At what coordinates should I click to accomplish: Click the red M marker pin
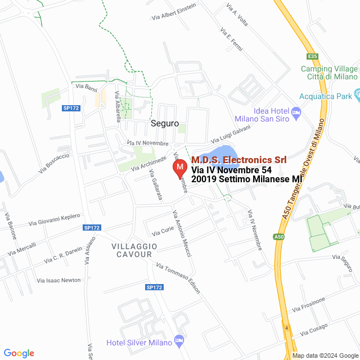pyautogui.click(x=179, y=168)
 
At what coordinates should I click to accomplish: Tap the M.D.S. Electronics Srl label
pyautogui.click(x=239, y=160)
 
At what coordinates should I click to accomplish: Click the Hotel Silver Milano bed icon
pyautogui.click(x=179, y=341)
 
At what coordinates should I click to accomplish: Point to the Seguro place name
pyautogui.click(x=164, y=123)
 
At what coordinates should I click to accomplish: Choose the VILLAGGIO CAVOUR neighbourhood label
pyautogui.click(x=132, y=250)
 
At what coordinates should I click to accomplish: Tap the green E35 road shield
pyautogui.click(x=313, y=56)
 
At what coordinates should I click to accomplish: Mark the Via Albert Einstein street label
pyautogui.click(x=174, y=12)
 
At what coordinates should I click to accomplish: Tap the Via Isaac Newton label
pyautogui.click(x=58, y=280)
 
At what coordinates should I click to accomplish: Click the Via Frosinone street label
pyautogui.click(x=309, y=304)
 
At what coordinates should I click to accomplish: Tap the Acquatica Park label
pyautogui.click(x=326, y=96)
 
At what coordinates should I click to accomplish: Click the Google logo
pyautogui.click(x=19, y=353)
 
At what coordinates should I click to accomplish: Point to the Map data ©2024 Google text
pyautogui.click(x=325, y=355)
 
